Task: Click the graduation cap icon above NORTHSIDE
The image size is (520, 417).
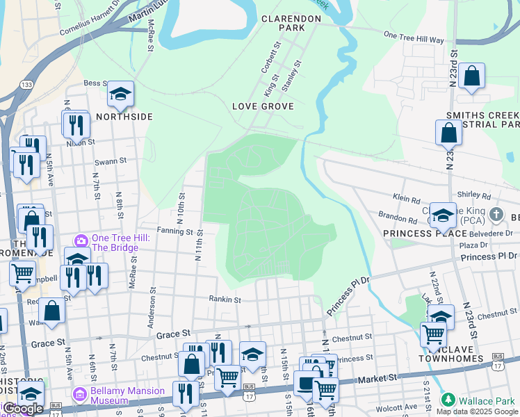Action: pos(120,94)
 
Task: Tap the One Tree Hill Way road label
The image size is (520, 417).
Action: pos(414,37)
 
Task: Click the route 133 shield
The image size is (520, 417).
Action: pos(26,85)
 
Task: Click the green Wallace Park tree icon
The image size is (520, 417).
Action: pos(449,400)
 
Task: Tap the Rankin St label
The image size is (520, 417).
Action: pos(225,300)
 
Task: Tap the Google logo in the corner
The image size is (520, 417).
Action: pos(23,409)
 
